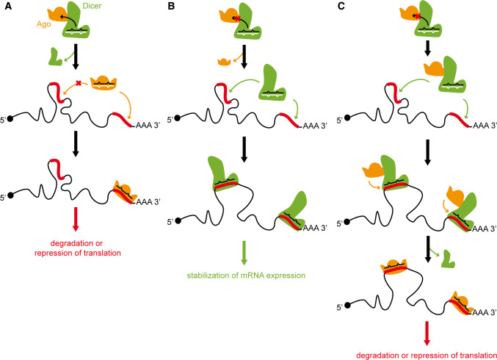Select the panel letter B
(x=170, y=7)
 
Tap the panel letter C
(x=334, y=7)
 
